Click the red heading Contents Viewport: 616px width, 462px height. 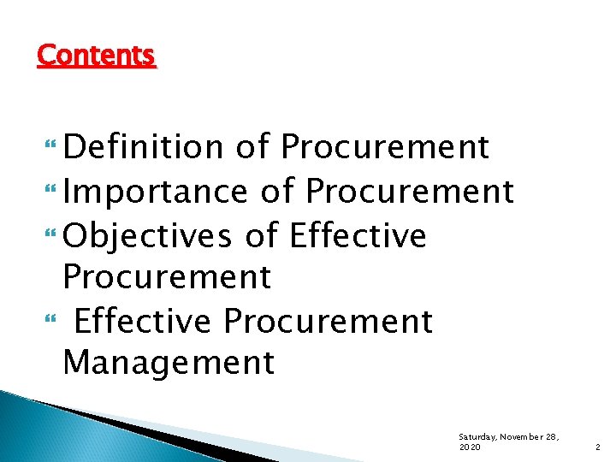(x=97, y=56)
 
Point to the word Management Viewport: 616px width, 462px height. (x=169, y=363)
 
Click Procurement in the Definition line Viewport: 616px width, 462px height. (x=385, y=147)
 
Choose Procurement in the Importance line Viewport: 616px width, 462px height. (x=410, y=191)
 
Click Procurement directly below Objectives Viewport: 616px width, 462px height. (x=167, y=277)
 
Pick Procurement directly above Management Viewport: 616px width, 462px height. (x=329, y=322)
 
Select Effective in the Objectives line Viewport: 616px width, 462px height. (x=358, y=235)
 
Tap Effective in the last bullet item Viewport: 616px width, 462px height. (x=142, y=322)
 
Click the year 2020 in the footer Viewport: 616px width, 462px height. (x=470, y=447)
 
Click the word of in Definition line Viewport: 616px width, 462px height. (x=252, y=147)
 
